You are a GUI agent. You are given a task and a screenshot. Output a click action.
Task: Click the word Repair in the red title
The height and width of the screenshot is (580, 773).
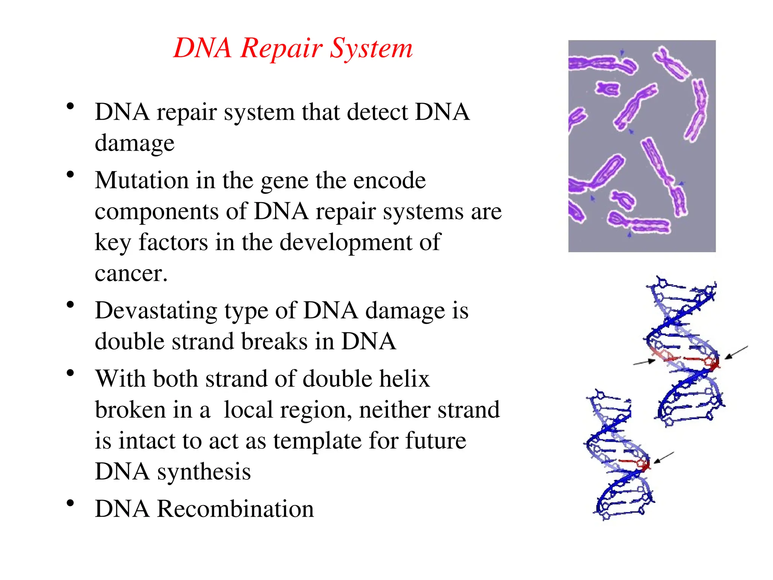(281, 49)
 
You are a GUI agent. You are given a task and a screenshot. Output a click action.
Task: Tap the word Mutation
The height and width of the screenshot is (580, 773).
(142, 180)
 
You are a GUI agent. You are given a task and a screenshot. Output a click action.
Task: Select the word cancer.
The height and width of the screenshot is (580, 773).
(131, 273)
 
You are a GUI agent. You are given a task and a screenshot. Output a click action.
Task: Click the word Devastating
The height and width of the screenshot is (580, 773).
(156, 311)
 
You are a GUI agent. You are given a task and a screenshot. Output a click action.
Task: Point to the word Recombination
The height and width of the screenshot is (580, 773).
(235, 509)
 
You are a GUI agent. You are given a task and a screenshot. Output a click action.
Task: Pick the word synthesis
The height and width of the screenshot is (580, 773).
(204, 472)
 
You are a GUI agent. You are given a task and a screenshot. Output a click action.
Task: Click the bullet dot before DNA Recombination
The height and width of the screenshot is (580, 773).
(70, 503)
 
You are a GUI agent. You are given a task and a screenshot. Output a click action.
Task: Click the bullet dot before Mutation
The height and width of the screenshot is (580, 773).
(70, 175)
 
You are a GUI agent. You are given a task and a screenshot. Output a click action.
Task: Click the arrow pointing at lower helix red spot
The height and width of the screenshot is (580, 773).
(663, 457)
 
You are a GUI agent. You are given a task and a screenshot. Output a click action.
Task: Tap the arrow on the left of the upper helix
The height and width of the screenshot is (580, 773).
(644, 362)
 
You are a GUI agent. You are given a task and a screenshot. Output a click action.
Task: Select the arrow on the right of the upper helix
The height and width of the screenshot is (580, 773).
(736, 352)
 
